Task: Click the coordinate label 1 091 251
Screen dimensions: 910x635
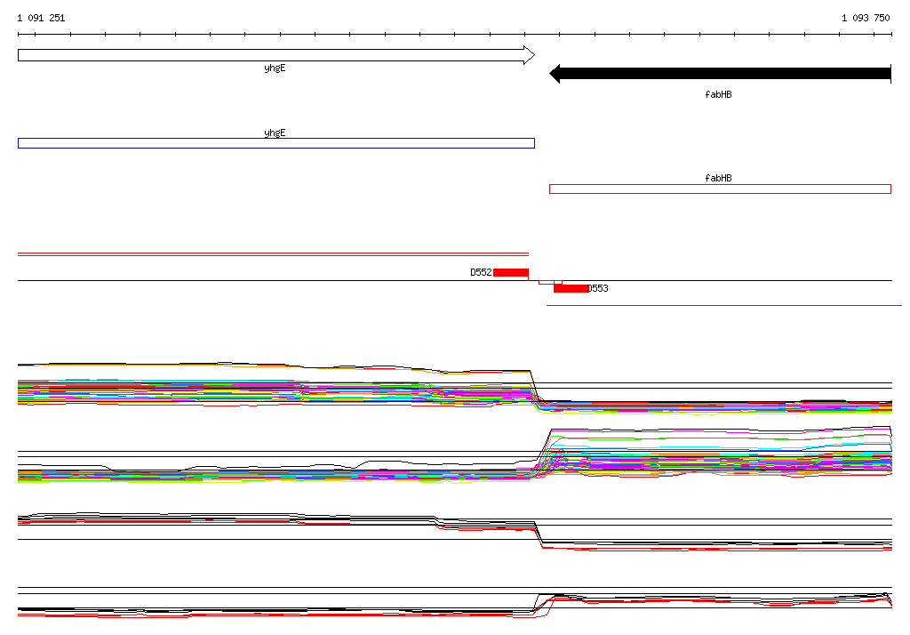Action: [x=41, y=18]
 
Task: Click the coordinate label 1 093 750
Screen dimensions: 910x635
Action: [x=866, y=18]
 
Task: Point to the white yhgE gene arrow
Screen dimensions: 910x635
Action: [x=276, y=55]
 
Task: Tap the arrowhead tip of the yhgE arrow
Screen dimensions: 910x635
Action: [x=534, y=55]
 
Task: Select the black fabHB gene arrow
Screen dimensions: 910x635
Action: [x=720, y=74]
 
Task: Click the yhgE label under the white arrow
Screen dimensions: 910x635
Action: [x=275, y=68]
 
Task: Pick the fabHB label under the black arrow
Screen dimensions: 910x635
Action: [x=718, y=94]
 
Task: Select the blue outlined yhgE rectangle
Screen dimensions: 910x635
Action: [x=276, y=143]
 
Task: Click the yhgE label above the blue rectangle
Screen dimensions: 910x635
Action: [x=275, y=133]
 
